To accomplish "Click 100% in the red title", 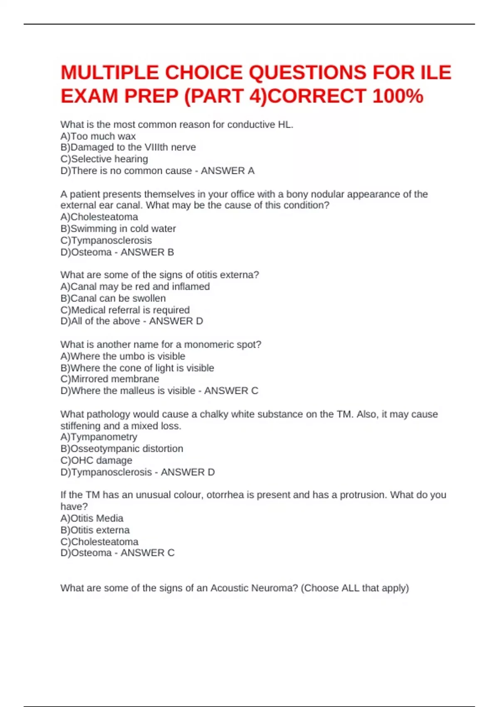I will click(398, 96).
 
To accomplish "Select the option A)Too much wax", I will click(98, 136).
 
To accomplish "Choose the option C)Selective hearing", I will click(104, 159).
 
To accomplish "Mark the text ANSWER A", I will click(227, 171).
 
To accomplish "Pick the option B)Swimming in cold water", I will click(118, 229).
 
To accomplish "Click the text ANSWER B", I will click(147, 252).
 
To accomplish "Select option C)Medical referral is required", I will click(125, 310).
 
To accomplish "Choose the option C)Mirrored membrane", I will click(110, 379).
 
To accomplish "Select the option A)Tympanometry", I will click(99, 437).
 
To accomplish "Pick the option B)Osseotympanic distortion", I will click(122, 448).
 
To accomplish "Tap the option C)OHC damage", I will click(96, 460).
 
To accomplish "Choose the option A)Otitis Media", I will click(92, 518).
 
